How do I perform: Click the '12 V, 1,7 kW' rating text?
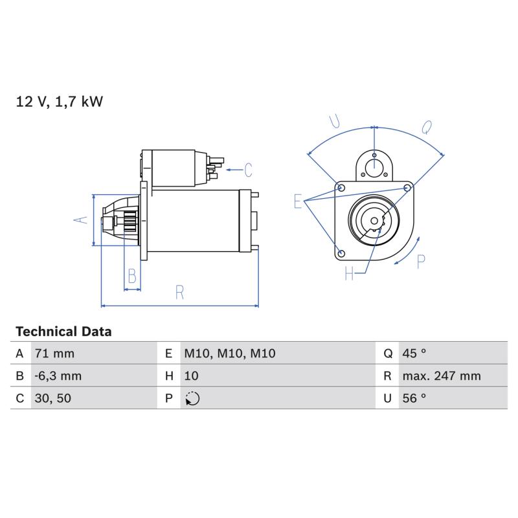(60, 102)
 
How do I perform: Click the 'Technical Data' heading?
(63, 332)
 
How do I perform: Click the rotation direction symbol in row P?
(192, 398)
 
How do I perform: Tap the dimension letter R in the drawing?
(179, 293)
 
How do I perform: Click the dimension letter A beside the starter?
(81, 220)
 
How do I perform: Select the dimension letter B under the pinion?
(132, 276)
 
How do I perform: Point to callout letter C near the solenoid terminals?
(249, 170)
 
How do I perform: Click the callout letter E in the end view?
(298, 201)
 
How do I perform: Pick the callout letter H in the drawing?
(349, 273)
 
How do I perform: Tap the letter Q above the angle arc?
(427, 127)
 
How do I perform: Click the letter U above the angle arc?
(335, 121)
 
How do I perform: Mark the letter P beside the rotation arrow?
(420, 262)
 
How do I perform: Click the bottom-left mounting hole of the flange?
(342, 254)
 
